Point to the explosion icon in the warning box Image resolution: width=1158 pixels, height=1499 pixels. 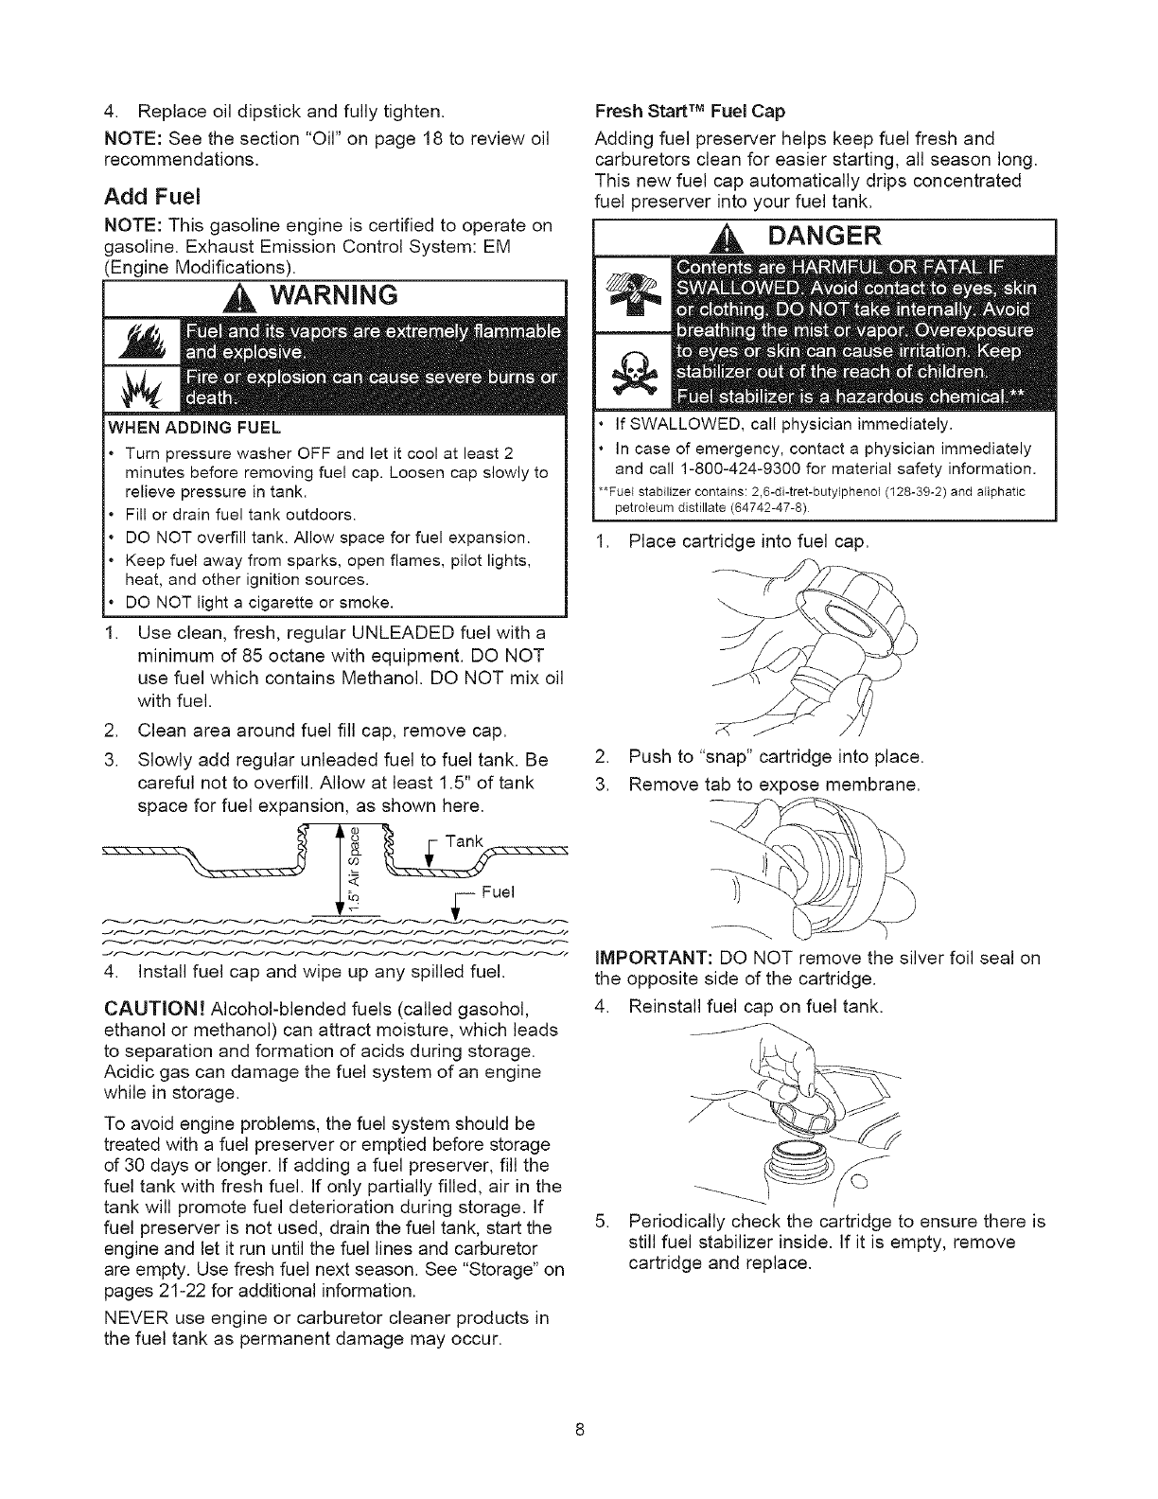pyautogui.click(x=137, y=391)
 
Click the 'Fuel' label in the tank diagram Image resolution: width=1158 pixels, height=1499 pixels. pyautogui.click(x=497, y=891)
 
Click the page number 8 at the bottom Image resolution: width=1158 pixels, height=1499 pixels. pyautogui.click(x=579, y=1429)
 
